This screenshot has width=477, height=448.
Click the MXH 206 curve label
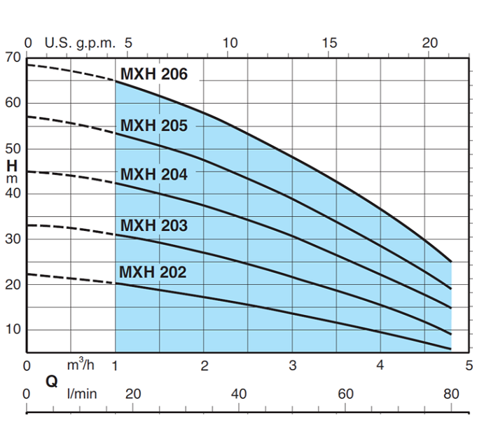(x=154, y=74)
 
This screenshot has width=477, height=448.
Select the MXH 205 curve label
(x=154, y=126)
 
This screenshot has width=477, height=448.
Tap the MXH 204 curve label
(x=154, y=174)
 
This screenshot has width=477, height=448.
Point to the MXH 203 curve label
(x=154, y=225)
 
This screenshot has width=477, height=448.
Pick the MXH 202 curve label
(x=153, y=272)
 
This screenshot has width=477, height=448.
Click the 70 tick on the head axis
(x=13, y=57)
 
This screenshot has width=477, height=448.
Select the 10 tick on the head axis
(x=13, y=329)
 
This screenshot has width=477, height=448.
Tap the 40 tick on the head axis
(x=13, y=193)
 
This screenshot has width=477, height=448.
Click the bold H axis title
(x=12, y=166)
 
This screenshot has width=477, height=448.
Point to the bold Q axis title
(x=51, y=381)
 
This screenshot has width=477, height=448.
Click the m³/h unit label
(x=81, y=365)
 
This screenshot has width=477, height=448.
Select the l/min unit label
(x=82, y=393)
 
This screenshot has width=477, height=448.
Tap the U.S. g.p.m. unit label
(x=79, y=43)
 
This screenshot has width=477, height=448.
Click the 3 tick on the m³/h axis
(x=293, y=365)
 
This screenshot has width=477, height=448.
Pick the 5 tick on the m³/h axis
(x=469, y=365)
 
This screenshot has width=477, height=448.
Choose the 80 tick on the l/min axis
(x=452, y=393)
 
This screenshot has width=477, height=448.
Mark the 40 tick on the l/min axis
(x=239, y=393)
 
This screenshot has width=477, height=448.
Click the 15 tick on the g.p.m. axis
(x=330, y=43)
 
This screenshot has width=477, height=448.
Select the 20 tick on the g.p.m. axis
(x=430, y=43)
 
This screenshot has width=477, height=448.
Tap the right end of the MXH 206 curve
(x=451, y=262)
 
